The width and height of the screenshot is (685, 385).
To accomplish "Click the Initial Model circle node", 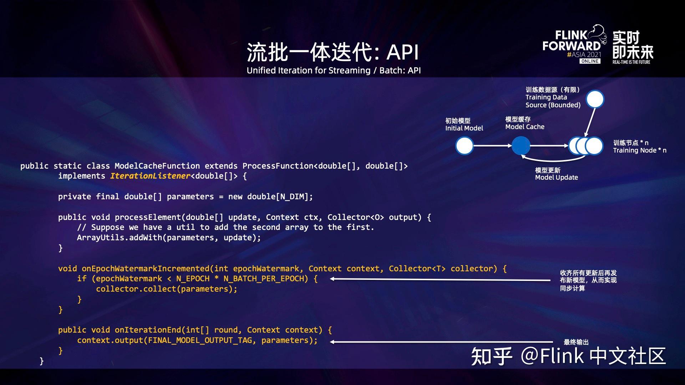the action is pos(464,146).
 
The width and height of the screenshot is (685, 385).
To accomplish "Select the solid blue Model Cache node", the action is pos(521,146).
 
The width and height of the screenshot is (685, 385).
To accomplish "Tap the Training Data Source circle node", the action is pos(595,99).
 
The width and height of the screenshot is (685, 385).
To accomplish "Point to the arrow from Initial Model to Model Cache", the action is pos(493,146).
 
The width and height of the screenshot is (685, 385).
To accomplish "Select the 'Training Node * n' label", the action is pos(640,150).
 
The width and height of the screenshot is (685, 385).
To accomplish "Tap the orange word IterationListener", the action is pos(150,176).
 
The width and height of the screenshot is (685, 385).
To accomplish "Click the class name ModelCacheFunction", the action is pos(157,166).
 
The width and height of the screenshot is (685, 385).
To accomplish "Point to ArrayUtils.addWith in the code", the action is pos(120,237).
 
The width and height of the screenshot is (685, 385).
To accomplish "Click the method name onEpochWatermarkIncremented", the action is pos(146,268).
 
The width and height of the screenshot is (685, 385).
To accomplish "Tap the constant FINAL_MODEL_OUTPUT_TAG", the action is pos(200,340).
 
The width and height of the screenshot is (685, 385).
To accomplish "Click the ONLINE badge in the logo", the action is pos(590,61).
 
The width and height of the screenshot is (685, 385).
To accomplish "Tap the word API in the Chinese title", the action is pos(402,52).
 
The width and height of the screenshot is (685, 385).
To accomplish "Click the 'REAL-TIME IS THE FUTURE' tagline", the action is pos(631,62).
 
